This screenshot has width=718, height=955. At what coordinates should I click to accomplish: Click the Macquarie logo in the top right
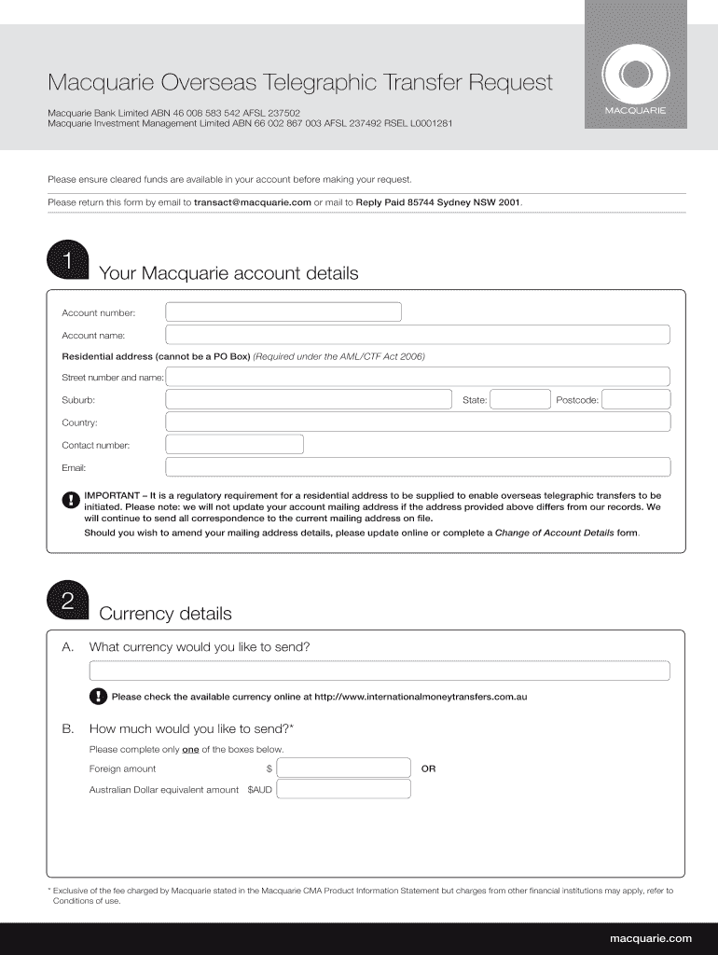point(635,74)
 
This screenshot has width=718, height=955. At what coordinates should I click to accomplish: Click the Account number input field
point(283,312)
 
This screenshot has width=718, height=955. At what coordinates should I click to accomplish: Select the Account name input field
point(418,335)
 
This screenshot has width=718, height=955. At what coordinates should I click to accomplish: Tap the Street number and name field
point(418,377)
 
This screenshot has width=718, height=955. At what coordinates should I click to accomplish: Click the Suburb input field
point(309,400)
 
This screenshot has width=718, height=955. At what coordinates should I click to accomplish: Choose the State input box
point(520,400)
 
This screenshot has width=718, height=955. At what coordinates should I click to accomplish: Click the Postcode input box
point(636,400)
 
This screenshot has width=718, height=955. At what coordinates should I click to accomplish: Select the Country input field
point(418,422)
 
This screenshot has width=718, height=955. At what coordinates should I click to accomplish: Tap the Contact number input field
point(235,445)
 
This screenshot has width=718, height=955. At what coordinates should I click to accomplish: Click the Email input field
point(418,467)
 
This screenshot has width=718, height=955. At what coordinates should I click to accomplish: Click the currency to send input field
point(380,671)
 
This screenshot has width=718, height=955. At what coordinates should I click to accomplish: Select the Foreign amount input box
point(344,768)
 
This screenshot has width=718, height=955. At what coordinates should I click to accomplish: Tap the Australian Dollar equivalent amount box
point(344,790)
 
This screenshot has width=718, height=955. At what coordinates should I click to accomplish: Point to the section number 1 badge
point(67,262)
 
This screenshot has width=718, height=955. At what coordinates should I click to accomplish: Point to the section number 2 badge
point(67,602)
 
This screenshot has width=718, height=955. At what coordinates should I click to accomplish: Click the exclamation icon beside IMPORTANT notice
point(71,501)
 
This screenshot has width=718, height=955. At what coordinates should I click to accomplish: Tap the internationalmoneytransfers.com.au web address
point(421,697)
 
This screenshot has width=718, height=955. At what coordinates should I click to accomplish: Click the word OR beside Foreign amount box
point(428,769)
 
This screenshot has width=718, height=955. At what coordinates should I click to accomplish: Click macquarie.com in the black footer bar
point(650,937)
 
